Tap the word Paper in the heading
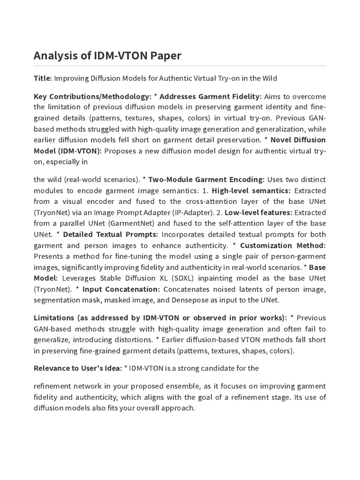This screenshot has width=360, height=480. pyautogui.click(x=165, y=56)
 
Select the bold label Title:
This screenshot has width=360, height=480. pyautogui.click(x=43, y=78)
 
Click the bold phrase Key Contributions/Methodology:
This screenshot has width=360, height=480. pyautogui.click(x=92, y=97)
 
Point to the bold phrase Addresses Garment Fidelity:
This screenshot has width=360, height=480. pyautogui.click(x=210, y=97)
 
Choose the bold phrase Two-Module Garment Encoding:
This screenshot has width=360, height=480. pyautogui.click(x=206, y=180)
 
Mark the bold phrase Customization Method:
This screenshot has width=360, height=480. pyautogui.click(x=283, y=245)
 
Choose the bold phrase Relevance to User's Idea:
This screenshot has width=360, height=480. pyautogui.click(x=77, y=368)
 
